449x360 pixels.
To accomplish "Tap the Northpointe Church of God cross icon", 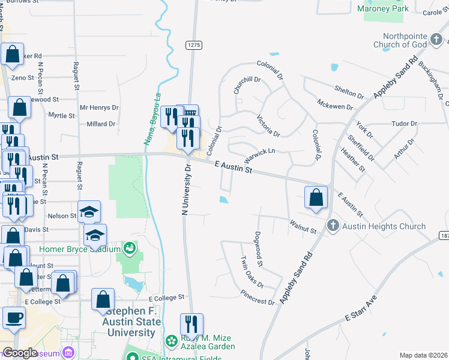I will [x=437, y=40].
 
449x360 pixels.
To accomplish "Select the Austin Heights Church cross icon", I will [x=334, y=226].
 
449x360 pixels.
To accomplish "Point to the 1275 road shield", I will [x=193, y=45].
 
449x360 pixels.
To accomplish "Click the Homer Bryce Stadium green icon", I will [x=128, y=248].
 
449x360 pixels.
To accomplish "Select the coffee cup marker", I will [x=13, y=318].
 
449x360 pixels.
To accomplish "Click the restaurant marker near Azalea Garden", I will [x=191, y=324].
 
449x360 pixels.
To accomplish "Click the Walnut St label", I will [x=303, y=229].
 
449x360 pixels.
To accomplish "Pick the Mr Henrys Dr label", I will [x=99, y=108].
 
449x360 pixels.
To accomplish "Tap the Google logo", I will [x=20, y=353].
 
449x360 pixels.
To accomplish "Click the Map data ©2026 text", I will [x=423, y=355].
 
